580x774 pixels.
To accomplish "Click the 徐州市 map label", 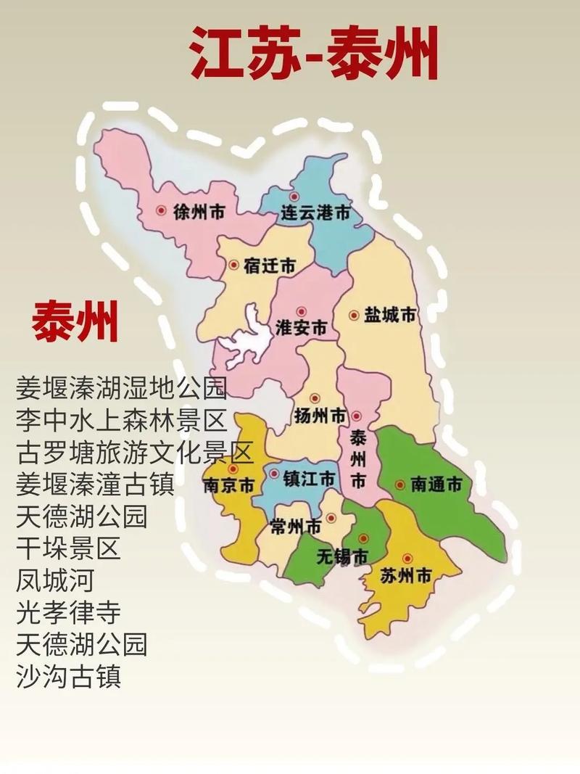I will click(199, 212).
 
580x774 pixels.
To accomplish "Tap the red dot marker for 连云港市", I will click(294, 196).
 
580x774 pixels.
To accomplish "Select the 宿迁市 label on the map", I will click(268, 266).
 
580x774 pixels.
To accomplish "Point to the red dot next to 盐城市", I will click(354, 316).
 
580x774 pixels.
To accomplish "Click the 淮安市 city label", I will click(301, 327).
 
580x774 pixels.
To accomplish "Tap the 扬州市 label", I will click(320, 416).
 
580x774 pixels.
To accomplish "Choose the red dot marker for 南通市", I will click(399, 485).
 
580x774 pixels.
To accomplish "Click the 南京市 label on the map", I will click(229, 485).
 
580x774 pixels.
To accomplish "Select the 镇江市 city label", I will click(309, 479).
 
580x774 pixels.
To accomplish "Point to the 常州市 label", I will click(294, 526).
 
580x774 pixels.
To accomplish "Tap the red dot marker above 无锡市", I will click(362, 538).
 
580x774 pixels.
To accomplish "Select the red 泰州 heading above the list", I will click(75, 321).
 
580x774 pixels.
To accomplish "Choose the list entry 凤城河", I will click(55, 580).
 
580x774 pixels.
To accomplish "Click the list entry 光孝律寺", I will click(68, 612).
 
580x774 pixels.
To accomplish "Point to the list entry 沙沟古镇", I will click(68, 676).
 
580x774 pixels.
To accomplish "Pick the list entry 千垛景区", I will click(68, 548).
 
